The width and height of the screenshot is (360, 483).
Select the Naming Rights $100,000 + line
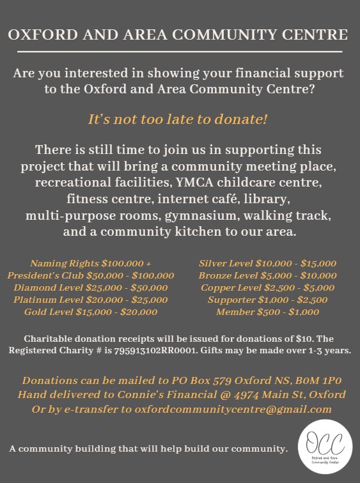click(x=90, y=263)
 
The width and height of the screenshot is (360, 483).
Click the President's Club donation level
click(x=90, y=275)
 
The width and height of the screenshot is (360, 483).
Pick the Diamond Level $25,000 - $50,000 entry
click(x=90, y=287)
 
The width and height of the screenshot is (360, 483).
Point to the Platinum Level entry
click(x=90, y=300)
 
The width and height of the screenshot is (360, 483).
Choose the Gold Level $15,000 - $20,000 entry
click(x=90, y=312)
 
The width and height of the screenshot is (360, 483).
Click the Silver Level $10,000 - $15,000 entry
click(x=267, y=263)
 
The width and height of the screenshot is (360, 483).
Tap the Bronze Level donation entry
click(x=267, y=275)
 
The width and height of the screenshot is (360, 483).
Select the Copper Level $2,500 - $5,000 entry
click(x=267, y=287)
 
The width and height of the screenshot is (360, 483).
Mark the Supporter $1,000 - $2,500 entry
click(x=267, y=300)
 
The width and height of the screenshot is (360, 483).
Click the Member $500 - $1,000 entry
click(x=267, y=312)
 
